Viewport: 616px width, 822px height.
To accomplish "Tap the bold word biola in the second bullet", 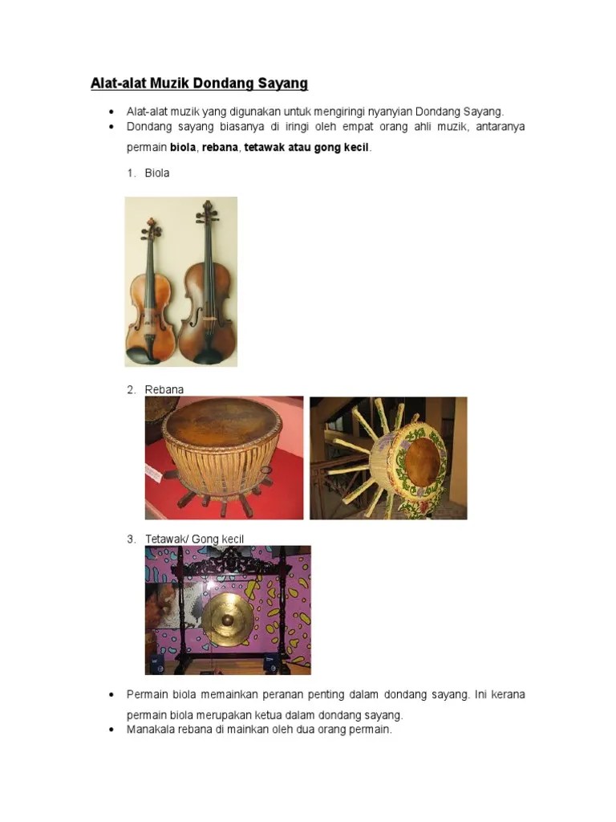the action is (183, 148).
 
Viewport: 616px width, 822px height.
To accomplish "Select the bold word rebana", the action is (220, 148).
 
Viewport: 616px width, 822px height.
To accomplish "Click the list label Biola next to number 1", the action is (157, 173).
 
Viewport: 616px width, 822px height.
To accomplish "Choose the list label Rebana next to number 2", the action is (164, 389).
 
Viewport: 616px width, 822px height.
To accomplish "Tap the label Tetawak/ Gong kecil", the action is (194, 539).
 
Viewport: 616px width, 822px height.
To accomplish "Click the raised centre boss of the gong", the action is (228, 621).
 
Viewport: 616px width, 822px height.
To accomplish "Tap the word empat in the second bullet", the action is (358, 127).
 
